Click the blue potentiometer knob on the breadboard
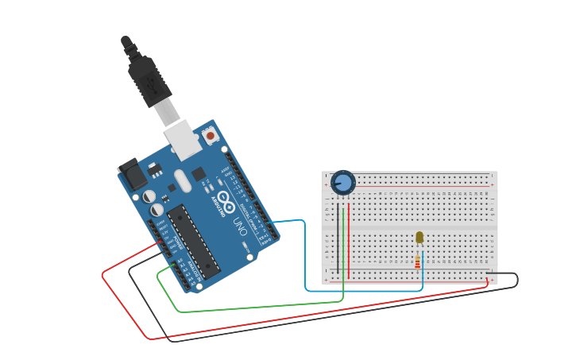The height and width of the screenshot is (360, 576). pyautogui.click(x=343, y=182)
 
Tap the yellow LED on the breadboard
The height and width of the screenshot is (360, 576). pyautogui.click(x=419, y=237)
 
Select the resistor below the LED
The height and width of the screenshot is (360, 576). pyautogui.click(x=418, y=261)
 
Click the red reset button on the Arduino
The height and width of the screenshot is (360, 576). pyautogui.click(x=211, y=136)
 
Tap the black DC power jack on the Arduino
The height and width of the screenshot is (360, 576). pyautogui.click(x=132, y=177)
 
